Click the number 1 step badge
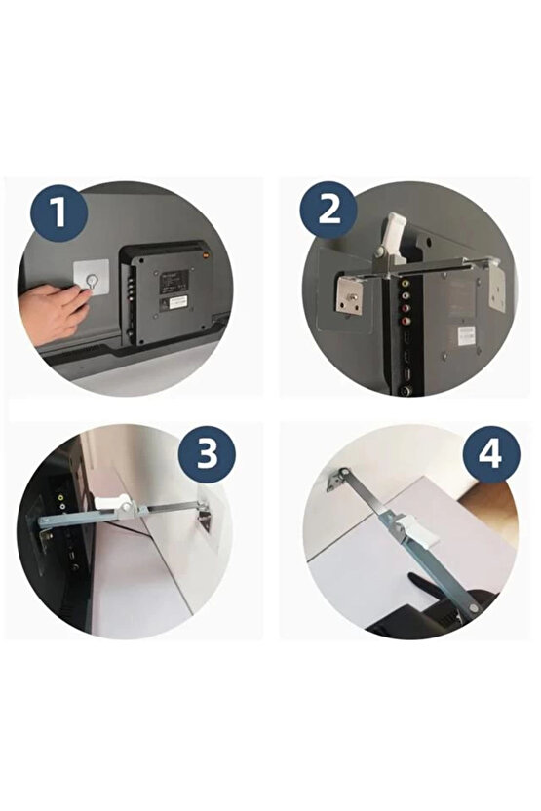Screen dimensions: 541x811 coord(58,212)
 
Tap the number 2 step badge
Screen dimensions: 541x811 coord(328,211)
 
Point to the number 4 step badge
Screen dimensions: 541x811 coord(491,454)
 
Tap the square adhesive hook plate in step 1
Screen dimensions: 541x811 coord(91,277)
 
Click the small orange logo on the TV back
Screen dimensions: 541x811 coord(206,254)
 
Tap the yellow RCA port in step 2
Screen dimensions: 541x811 coord(405,284)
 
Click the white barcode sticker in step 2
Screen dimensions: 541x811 coord(465,334)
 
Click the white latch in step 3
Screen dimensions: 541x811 coord(115,503)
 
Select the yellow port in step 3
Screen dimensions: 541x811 coord(61,498)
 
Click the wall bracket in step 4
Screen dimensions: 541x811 coord(337,479)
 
